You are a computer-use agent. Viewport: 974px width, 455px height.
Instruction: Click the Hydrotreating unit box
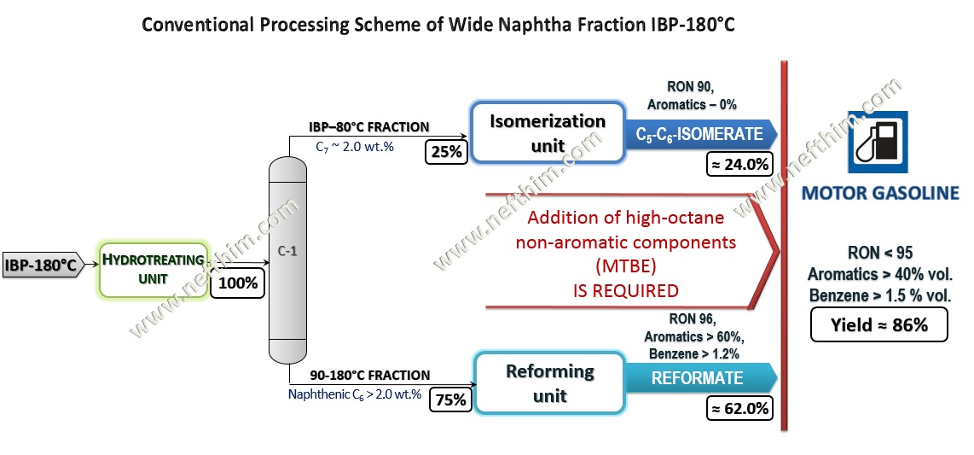(x=154, y=269)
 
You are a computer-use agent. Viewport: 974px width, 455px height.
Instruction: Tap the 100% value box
(x=239, y=283)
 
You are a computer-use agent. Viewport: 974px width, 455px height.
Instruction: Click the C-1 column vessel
(x=288, y=260)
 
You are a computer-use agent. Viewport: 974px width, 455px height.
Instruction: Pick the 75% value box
(x=451, y=400)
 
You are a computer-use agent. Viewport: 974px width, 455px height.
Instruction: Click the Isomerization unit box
(x=548, y=132)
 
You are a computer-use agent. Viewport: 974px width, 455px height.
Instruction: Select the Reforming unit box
(x=550, y=383)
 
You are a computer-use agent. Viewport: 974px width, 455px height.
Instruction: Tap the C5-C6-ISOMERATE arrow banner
(x=701, y=134)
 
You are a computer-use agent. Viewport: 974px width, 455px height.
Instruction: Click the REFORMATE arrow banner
(x=701, y=378)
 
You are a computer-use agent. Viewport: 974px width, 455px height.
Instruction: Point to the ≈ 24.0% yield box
(x=739, y=166)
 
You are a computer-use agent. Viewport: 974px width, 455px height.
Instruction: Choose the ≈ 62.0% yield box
(x=739, y=409)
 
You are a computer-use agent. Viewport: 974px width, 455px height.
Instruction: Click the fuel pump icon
(x=878, y=143)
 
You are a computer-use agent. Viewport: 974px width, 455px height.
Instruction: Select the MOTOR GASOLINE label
(x=880, y=193)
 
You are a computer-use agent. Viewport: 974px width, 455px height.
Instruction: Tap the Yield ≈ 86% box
(x=879, y=324)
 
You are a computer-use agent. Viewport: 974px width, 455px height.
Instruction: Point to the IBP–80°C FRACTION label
(x=369, y=127)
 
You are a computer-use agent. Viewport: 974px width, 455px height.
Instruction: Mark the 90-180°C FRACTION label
(x=369, y=376)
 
